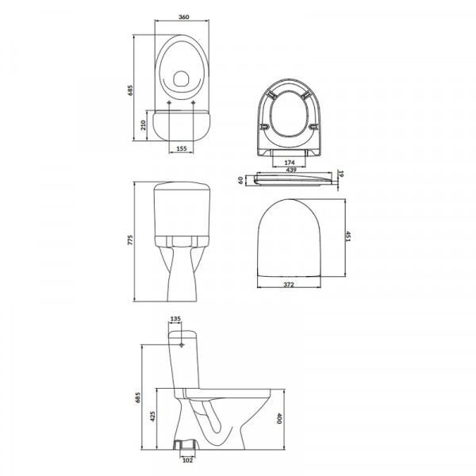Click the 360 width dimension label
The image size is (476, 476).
[x=184, y=17]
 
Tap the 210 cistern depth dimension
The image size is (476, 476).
[x=144, y=125]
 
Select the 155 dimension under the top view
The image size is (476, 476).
[x=181, y=148]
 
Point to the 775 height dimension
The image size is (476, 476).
[x=130, y=240]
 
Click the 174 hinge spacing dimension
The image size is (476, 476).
[x=290, y=163]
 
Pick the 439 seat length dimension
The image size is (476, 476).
[x=291, y=170]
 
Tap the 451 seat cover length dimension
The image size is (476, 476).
[x=348, y=236]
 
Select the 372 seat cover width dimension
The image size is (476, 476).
[x=289, y=285]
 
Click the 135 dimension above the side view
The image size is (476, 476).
[x=175, y=319]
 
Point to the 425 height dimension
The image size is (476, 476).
[x=152, y=416]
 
